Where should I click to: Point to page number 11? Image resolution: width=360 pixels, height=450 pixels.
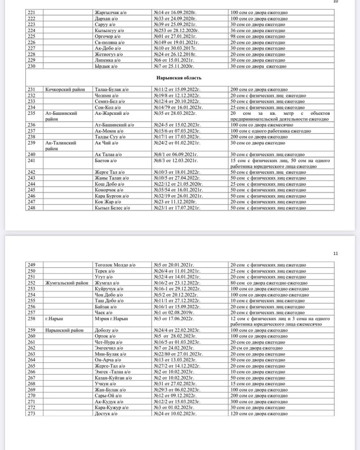(335, 254)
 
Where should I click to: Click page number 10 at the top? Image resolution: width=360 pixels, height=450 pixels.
(336, 2)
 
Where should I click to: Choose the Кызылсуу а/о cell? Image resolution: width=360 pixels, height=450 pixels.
(109, 30)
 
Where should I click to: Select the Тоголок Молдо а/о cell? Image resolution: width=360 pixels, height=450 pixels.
(112, 265)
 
